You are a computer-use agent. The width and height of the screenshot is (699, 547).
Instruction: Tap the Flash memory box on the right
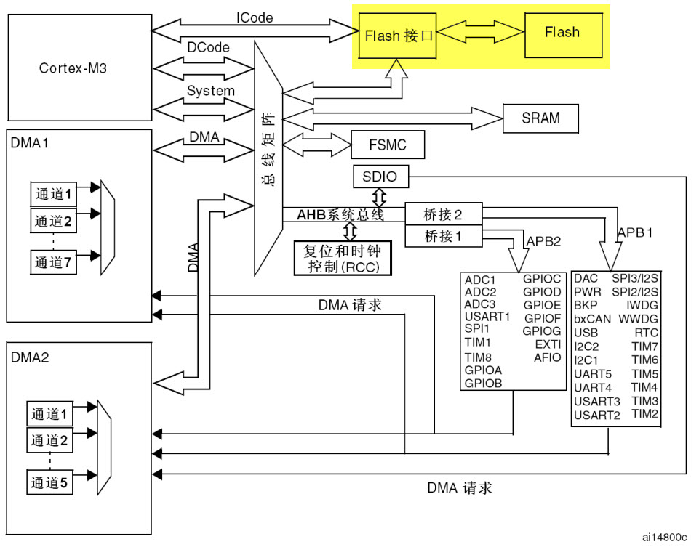[562, 33]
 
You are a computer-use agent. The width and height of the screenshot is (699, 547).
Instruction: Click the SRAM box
[540, 118]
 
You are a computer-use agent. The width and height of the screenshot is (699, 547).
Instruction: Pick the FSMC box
[387, 145]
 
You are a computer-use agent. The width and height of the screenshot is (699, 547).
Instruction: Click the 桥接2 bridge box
[442, 214]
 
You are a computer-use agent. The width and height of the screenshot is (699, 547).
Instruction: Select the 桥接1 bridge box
[442, 236]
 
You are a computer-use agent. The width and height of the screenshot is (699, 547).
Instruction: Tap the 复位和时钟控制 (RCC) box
[346, 258]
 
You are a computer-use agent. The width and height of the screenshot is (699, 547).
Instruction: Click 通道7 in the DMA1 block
[55, 262]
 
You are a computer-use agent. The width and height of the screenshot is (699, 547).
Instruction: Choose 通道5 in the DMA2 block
[51, 481]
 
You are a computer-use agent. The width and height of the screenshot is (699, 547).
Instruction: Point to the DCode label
[209, 47]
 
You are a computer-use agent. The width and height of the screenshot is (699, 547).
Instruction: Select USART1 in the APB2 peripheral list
[487, 316]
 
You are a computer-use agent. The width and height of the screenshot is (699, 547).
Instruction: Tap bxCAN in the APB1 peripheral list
[592, 319]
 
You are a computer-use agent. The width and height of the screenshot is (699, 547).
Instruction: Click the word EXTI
[548, 344]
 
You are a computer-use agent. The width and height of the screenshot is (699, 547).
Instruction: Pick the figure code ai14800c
[664, 537]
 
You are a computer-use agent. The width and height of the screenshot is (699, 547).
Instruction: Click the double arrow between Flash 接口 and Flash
[481, 33]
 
